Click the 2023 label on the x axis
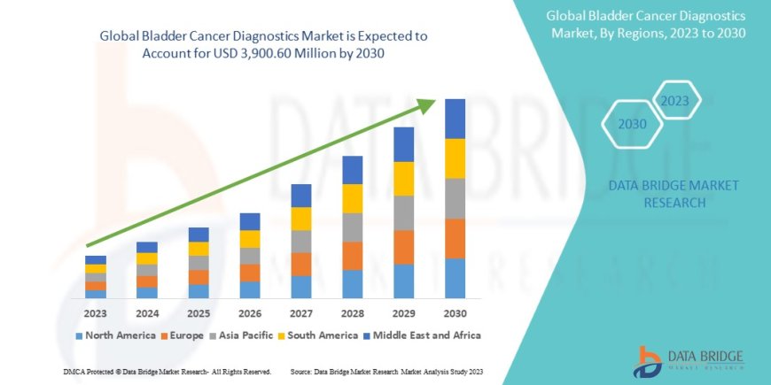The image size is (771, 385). tap(96, 313)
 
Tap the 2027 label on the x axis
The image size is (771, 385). tap(300, 313)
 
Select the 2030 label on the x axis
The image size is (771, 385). tap(455, 313)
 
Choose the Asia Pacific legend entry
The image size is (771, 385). tap(240, 335)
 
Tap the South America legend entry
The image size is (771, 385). tap(316, 335)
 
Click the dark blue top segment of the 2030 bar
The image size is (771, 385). tap(455, 119)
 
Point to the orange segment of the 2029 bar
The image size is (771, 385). tap(403, 247)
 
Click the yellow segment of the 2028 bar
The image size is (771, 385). tap(352, 198)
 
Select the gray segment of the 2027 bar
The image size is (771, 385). tap(300, 242)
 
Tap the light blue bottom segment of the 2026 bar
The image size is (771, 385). tap(250, 289)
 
